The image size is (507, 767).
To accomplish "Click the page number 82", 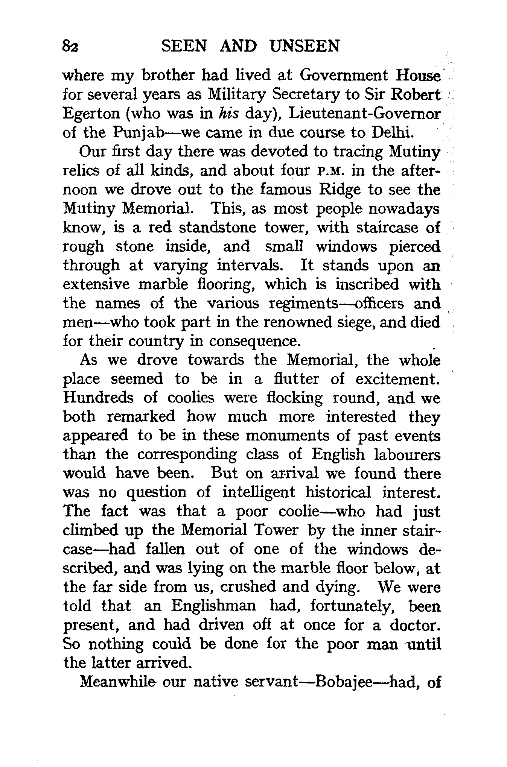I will pos(70,47).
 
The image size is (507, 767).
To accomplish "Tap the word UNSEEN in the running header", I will pos(305,46).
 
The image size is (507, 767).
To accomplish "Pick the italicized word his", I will pos(228,114).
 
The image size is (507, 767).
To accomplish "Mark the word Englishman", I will pos(213,606).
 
